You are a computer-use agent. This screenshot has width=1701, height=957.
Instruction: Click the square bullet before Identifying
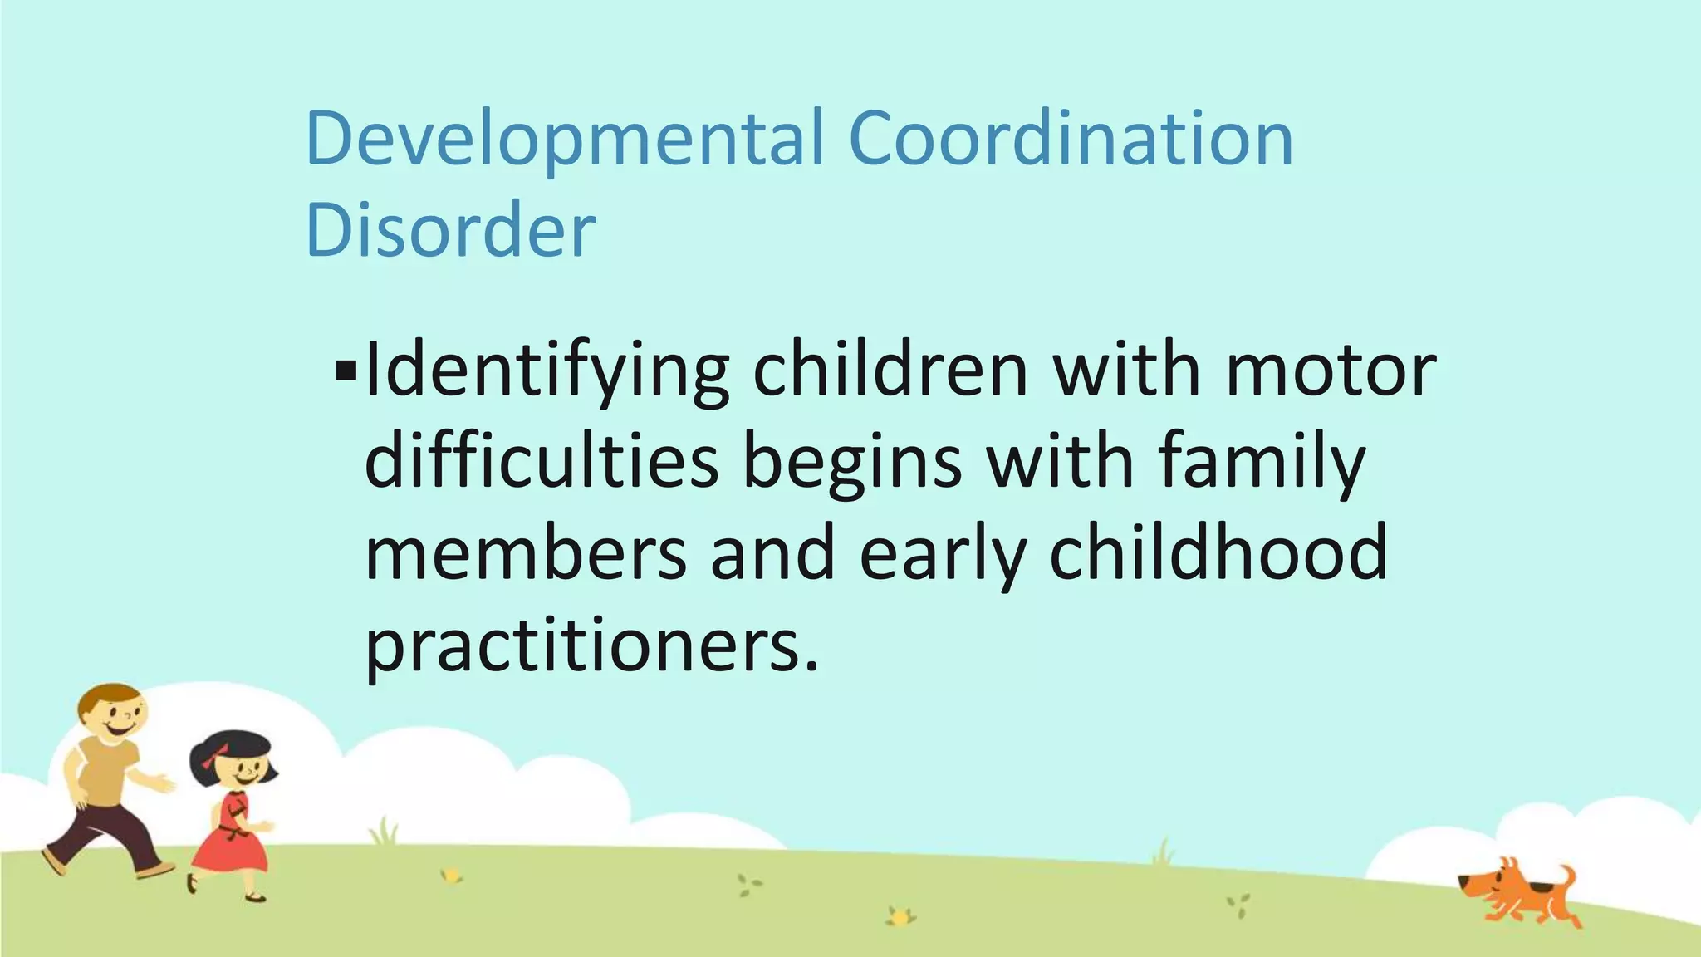click(x=346, y=371)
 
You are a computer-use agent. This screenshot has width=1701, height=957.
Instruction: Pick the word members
click(x=526, y=554)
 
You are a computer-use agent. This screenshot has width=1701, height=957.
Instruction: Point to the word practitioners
click(x=591, y=645)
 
